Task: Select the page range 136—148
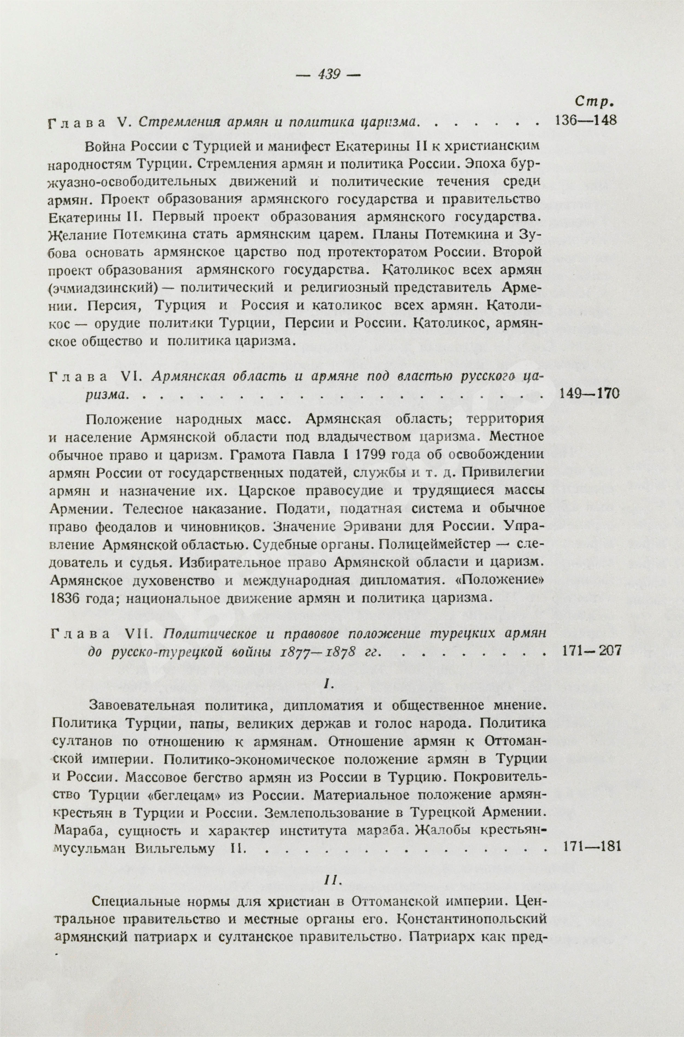click(x=585, y=120)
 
